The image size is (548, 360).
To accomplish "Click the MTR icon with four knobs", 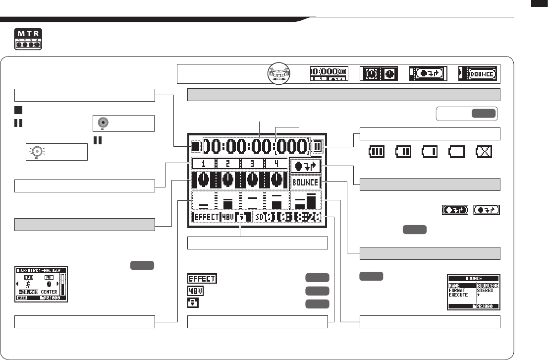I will [29, 39].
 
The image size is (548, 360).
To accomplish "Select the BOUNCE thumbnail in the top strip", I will [477, 73].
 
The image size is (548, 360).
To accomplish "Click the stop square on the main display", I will [196, 146].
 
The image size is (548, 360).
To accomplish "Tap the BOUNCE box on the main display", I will [305, 182].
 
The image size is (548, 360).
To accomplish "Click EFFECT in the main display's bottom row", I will [206, 217].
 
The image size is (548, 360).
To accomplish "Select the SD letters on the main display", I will [261, 217].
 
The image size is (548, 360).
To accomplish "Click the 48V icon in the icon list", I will [194, 291].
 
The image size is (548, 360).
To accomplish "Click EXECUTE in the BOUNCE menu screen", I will [458, 295].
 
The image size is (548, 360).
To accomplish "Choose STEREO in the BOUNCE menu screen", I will [485, 291].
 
